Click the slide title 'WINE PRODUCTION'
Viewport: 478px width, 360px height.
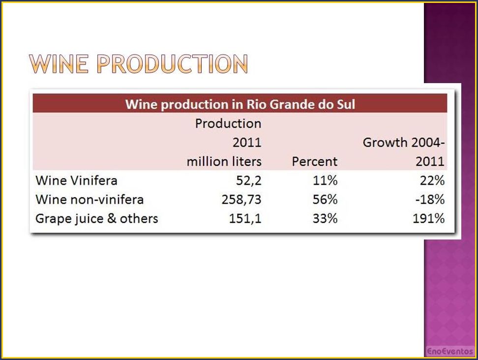(x=138, y=64)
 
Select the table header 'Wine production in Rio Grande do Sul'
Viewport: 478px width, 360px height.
(x=240, y=104)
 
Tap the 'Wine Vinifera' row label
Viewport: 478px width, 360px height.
(x=76, y=180)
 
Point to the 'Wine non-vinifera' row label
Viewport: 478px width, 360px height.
(x=90, y=200)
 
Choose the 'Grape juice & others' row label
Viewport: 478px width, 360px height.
(x=97, y=219)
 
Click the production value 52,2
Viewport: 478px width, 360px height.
(x=249, y=181)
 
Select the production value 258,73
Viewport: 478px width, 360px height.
(x=241, y=200)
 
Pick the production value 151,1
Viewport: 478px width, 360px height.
(x=245, y=219)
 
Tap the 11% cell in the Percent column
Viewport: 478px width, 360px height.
(x=325, y=180)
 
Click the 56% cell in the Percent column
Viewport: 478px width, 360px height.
(x=325, y=200)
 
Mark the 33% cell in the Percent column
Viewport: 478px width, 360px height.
(x=325, y=218)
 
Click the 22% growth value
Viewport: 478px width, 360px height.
(x=432, y=180)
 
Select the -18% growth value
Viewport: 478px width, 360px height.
(x=430, y=200)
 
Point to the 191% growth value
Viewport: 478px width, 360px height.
(x=429, y=218)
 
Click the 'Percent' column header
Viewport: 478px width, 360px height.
(x=315, y=162)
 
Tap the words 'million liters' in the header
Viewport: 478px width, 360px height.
(x=224, y=162)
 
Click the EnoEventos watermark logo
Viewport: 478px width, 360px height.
(x=450, y=351)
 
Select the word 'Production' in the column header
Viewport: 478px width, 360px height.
(x=228, y=123)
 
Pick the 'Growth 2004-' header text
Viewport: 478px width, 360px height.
(x=404, y=142)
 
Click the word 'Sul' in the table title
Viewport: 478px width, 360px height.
(x=346, y=104)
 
